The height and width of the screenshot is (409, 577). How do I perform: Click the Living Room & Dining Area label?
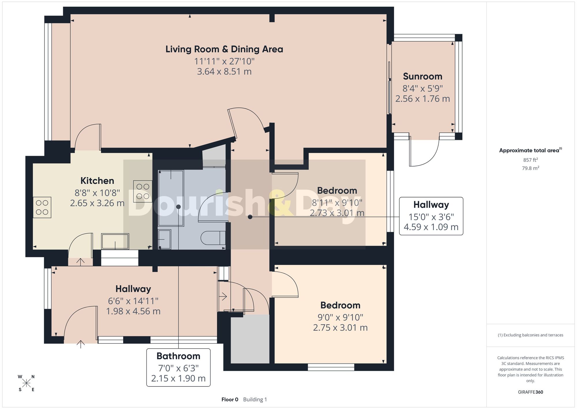[224, 49]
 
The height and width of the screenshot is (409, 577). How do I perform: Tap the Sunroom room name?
[422, 76]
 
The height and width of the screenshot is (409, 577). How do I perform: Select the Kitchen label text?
[97, 181]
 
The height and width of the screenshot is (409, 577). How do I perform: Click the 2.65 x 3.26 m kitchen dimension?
[97, 203]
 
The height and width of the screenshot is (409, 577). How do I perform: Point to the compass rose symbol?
[26, 383]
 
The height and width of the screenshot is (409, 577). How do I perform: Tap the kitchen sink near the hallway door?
[115, 241]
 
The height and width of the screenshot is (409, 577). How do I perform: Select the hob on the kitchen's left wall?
[42, 208]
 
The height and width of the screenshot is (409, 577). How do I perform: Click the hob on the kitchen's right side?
[143, 191]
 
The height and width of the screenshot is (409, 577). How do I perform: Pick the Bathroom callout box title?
[178, 356]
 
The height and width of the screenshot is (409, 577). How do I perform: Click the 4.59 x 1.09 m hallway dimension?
[431, 227]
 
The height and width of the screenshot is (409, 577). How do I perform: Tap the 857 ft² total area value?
[530, 160]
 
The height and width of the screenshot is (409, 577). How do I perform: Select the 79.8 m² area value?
[530, 168]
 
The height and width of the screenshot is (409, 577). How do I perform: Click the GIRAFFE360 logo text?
[530, 392]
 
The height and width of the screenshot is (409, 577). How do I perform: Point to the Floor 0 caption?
[230, 399]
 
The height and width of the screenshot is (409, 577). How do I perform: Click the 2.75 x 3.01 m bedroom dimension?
[340, 328]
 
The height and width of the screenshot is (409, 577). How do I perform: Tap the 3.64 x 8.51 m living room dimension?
[224, 71]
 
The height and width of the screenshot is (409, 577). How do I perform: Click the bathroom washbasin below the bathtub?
[164, 239]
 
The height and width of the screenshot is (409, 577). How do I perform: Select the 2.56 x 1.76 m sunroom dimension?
[422, 99]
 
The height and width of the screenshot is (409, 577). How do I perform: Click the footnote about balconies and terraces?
[530, 335]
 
